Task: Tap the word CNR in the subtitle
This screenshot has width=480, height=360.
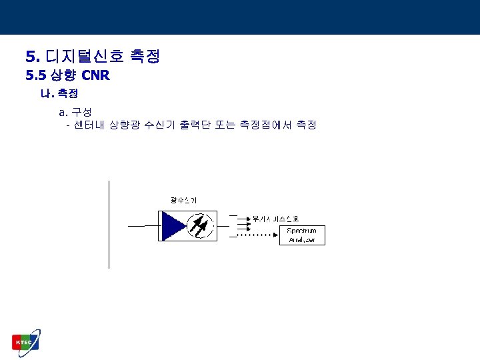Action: pos(95,75)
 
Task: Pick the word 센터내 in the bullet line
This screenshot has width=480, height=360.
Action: pos(89,125)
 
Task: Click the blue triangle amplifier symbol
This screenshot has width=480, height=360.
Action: pos(173,225)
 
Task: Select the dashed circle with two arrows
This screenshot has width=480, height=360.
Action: pos(201,225)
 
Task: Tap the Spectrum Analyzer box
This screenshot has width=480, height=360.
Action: pos(302,235)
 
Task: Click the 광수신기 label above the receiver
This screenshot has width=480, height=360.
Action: pos(183,200)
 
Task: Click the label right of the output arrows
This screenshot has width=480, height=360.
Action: pos(275,218)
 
